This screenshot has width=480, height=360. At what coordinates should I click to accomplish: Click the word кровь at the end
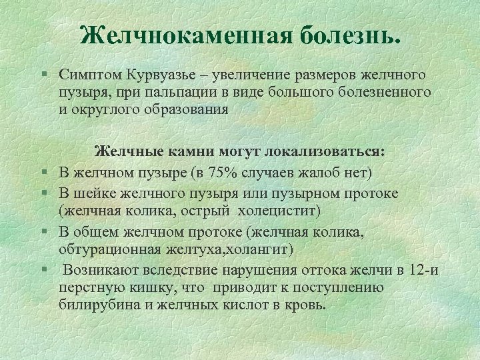pyautogui.click(x=306, y=305)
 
